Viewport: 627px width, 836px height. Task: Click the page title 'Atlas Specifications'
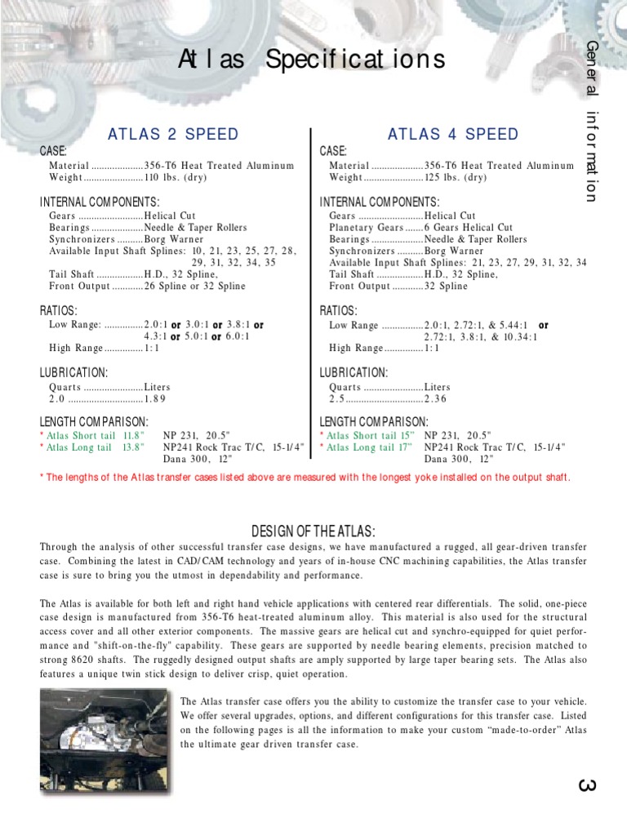(x=313, y=60)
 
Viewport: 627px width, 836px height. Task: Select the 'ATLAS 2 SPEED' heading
(x=173, y=134)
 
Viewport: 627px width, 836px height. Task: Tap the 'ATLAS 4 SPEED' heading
(x=453, y=134)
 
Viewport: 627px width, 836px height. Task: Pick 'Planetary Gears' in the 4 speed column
(x=360, y=228)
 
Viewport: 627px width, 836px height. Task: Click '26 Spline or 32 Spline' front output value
(x=194, y=287)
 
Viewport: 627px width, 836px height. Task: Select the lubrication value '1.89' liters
(x=155, y=399)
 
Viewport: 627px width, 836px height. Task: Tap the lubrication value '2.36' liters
(x=436, y=399)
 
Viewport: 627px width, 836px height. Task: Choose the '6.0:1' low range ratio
(x=238, y=336)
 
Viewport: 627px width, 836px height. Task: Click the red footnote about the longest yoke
(x=305, y=478)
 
